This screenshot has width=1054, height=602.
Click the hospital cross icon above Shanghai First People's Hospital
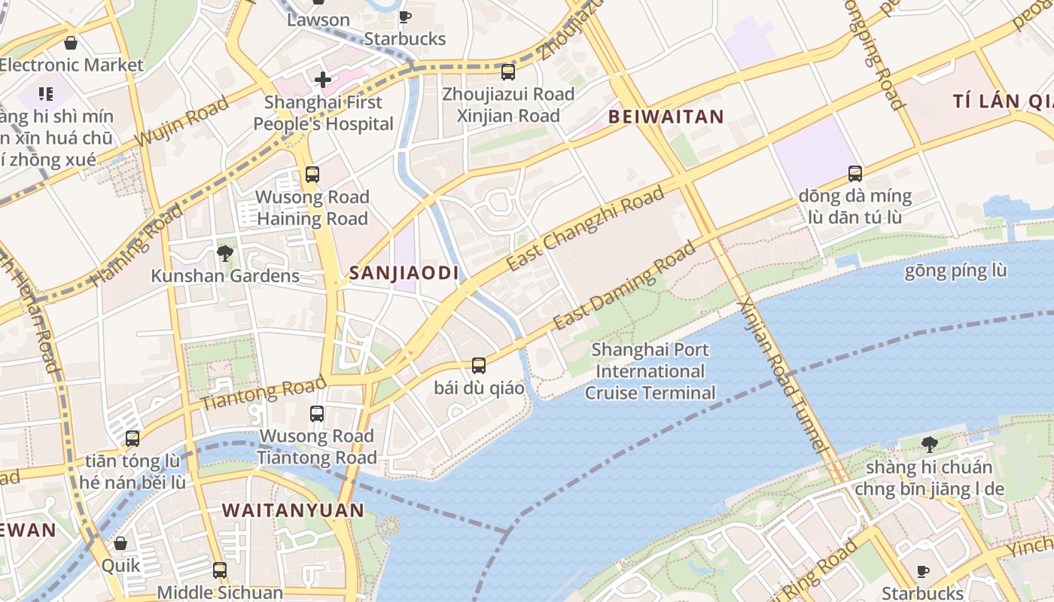[323, 79]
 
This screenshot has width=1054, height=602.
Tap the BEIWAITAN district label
[666, 117]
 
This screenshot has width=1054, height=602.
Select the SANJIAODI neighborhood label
[404, 273]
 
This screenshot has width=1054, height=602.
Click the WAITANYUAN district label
[293, 510]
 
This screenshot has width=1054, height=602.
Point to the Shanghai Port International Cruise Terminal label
[650, 371]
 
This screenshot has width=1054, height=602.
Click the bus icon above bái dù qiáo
[479, 366]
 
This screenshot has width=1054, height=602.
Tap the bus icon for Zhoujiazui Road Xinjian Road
[508, 72]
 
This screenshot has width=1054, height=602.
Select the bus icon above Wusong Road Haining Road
[312, 175]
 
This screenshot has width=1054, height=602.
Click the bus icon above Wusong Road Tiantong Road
[317, 413]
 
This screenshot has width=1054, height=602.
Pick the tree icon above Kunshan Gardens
[224, 253]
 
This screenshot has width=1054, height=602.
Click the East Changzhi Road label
[585, 229]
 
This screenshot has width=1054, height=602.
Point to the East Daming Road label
[625, 286]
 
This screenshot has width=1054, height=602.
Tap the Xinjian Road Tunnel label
[783, 376]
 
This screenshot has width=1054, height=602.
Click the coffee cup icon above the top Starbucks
[405, 17]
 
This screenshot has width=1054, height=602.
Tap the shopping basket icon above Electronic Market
[71, 43]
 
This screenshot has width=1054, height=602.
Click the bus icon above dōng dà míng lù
[855, 174]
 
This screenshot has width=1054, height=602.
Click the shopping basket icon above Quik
[120, 543]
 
